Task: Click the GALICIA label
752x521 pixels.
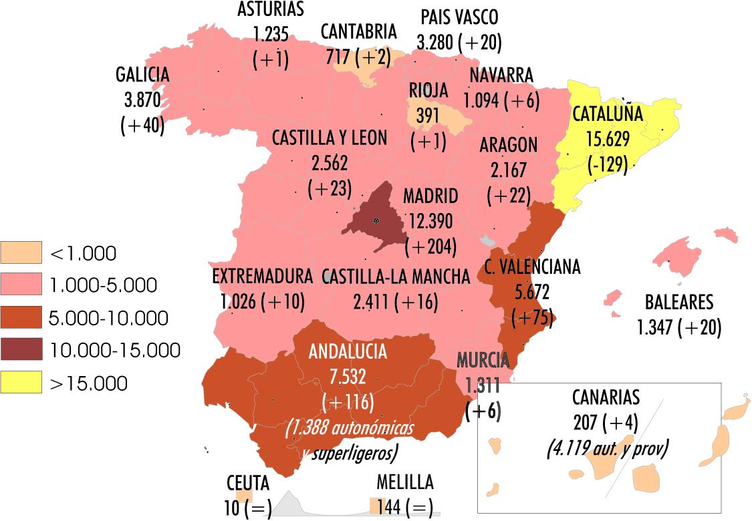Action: (x=142, y=75)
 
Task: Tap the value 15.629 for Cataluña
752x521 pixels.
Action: (x=607, y=138)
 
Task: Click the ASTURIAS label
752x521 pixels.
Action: (x=271, y=9)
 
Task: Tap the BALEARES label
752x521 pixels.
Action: (x=678, y=303)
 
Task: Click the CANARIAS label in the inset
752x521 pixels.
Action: (x=606, y=397)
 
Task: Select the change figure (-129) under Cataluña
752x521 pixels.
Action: (x=607, y=164)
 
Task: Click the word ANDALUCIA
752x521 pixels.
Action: (x=348, y=352)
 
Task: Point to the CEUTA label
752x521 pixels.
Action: (x=247, y=482)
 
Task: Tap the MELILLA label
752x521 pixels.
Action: (x=404, y=482)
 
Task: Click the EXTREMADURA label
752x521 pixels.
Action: (x=262, y=277)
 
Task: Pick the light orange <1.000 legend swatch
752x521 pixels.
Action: (x=21, y=252)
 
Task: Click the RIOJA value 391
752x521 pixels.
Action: (x=428, y=115)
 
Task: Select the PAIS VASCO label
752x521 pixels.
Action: (x=459, y=17)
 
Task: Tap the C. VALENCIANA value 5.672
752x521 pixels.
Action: (x=531, y=292)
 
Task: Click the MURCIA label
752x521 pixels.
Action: (x=483, y=360)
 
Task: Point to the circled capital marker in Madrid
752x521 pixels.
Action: (x=377, y=220)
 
